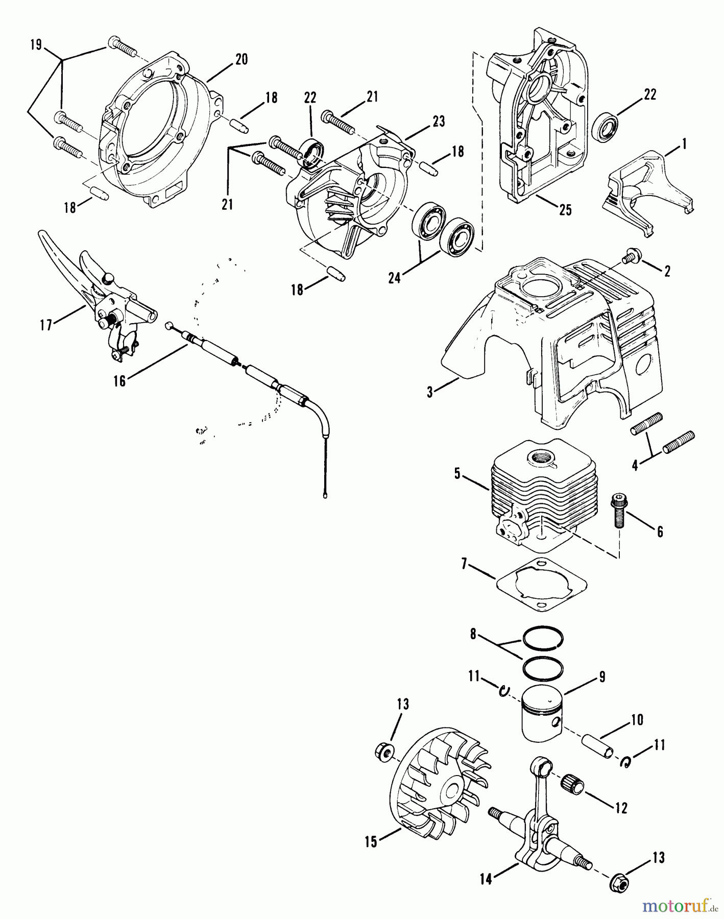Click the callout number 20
tap(241, 59)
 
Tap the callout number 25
tap(565, 210)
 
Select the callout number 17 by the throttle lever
tap(46, 325)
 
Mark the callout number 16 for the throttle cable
tap(119, 381)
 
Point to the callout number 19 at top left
tap(35, 45)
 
